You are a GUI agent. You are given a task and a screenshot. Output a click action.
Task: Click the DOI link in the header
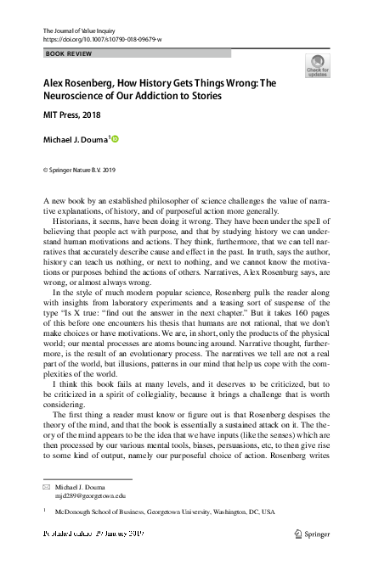click(102, 40)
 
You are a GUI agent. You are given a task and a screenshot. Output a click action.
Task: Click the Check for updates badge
click(317, 65)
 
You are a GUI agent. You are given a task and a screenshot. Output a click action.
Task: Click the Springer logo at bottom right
click(312, 535)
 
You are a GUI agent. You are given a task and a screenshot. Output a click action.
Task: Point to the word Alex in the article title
click(57, 84)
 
